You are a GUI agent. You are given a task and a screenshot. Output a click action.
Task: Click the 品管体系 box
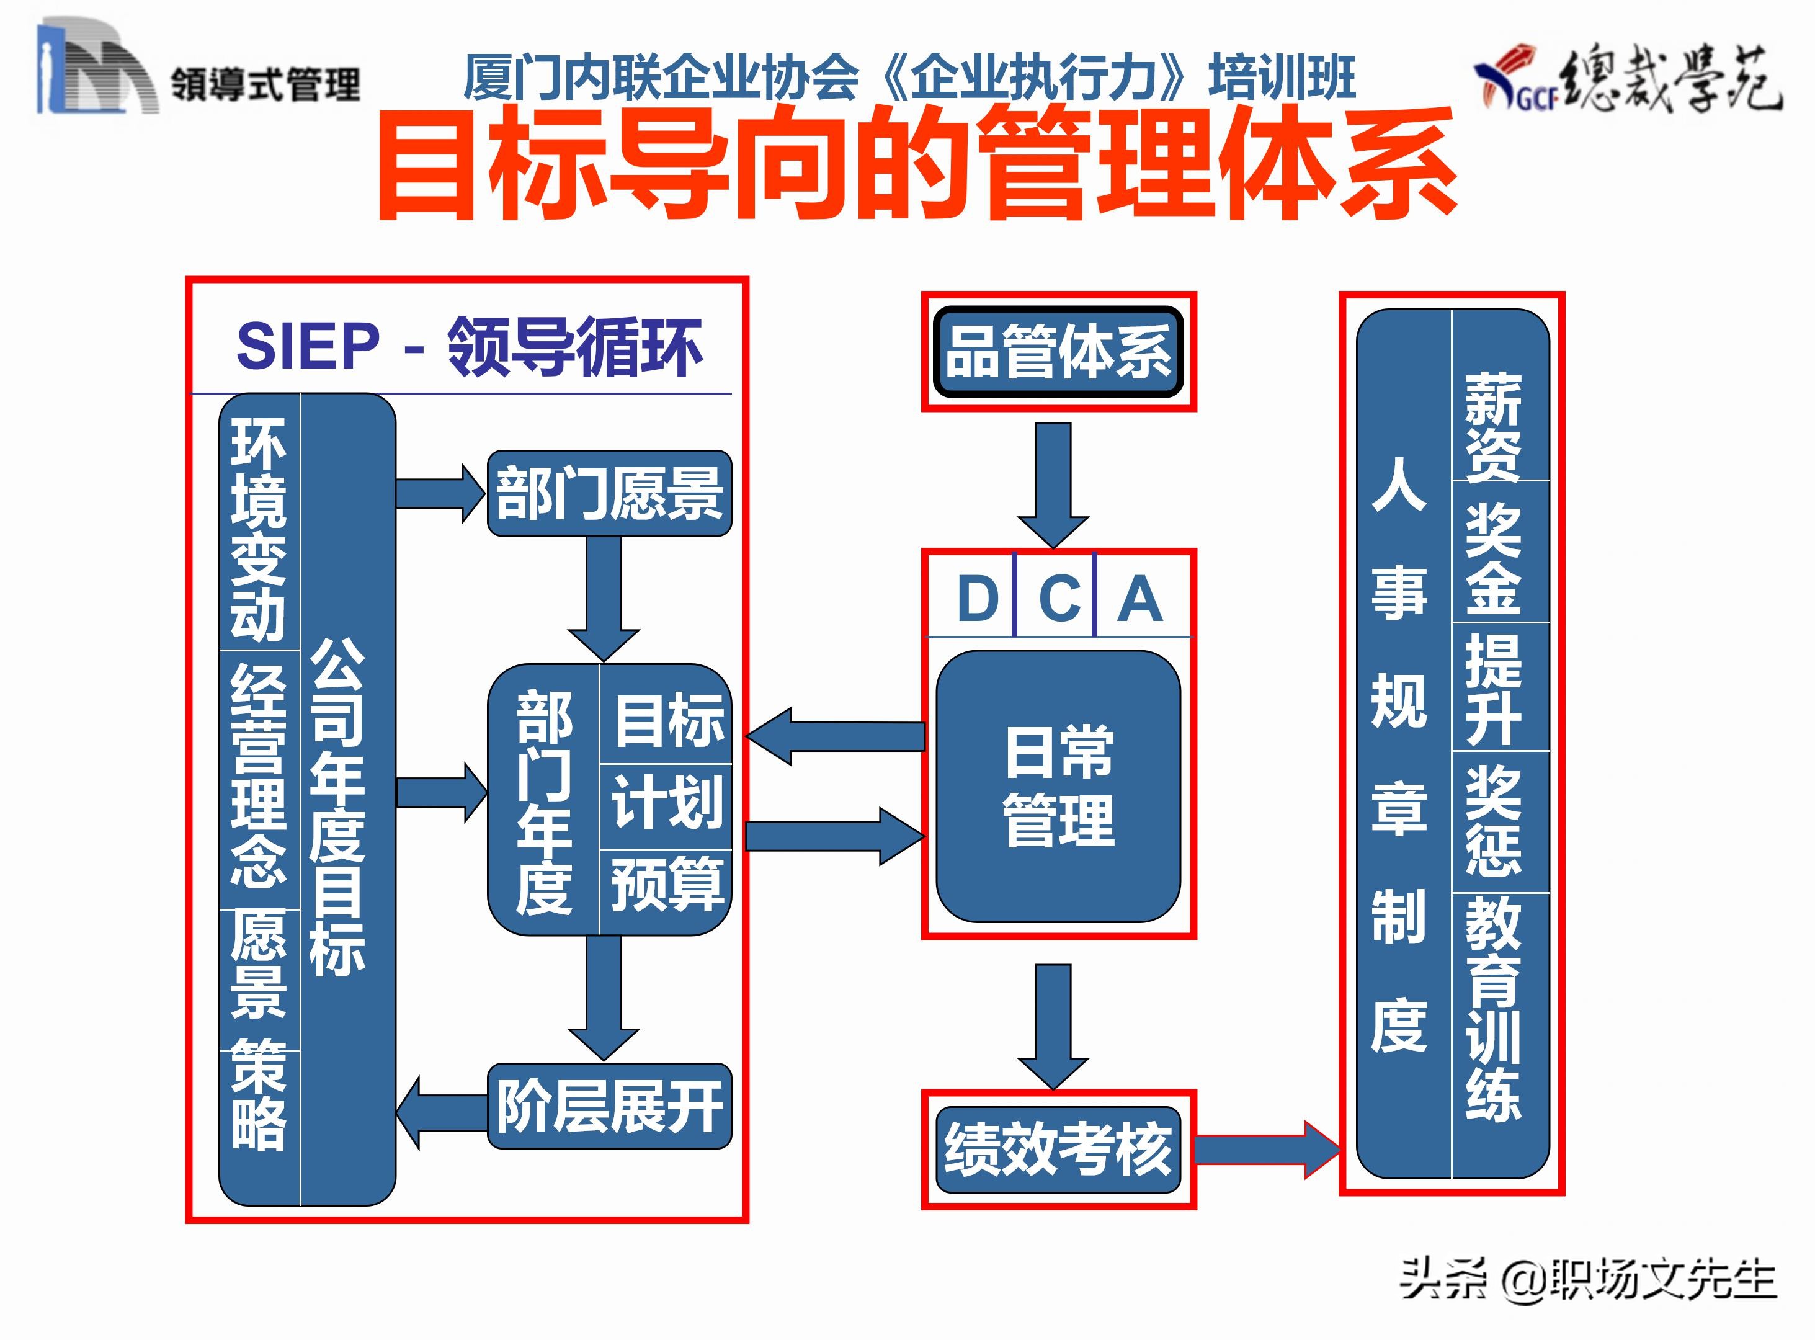pyautogui.click(x=1058, y=352)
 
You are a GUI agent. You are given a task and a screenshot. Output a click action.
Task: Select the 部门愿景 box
pyautogui.click(x=609, y=493)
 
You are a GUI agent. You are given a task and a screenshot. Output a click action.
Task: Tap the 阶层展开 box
pyautogui.click(x=609, y=1105)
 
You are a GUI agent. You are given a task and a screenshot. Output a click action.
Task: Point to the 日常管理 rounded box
pyautogui.click(x=1058, y=786)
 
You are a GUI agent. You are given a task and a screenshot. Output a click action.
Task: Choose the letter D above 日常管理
pyautogui.click(x=977, y=599)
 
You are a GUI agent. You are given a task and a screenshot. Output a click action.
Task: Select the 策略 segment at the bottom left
pyautogui.click(x=259, y=1095)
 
